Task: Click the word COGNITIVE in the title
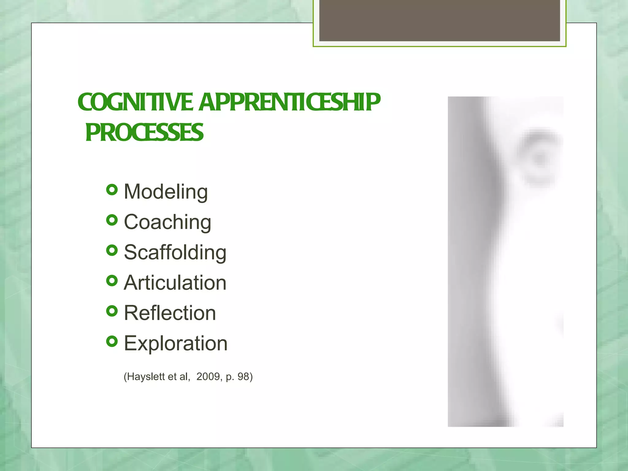pyautogui.click(x=135, y=102)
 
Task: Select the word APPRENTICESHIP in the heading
pyautogui.click(x=290, y=102)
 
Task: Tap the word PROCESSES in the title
pyautogui.click(x=144, y=132)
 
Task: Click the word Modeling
pyautogui.click(x=166, y=192)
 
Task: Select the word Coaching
pyautogui.click(x=167, y=222)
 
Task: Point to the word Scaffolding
pyautogui.click(x=175, y=252)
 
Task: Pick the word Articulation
pyautogui.click(x=175, y=282)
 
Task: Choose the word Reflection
pyautogui.click(x=170, y=313)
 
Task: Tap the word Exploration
pyautogui.click(x=176, y=343)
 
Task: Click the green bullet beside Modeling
pyautogui.click(x=112, y=190)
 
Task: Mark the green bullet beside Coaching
pyautogui.click(x=112, y=220)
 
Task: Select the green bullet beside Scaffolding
pyautogui.click(x=112, y=251)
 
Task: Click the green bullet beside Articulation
pyautogui.click(x=112, y=281)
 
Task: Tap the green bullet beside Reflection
pyautogui.click(x=112, y=311)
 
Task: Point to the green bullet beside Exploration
pyautogui.click(x=112, y=341)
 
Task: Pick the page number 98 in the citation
pyautogui.click(x=243, y=377)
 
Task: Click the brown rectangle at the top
pyautogui.click(x=439, y=20)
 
